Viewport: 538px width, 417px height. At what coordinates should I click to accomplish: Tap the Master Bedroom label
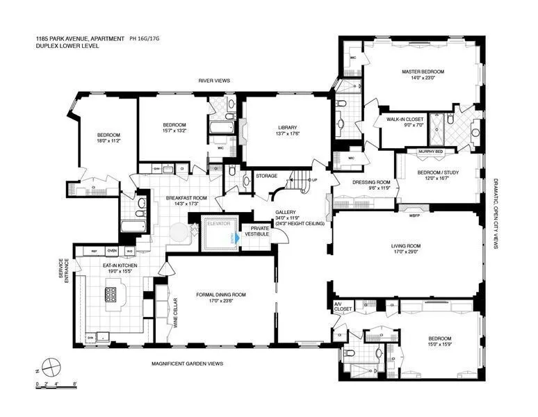(x=422, y=72)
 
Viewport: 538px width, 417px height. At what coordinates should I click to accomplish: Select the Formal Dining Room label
(x=221, y=295)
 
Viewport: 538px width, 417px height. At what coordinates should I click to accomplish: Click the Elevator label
(x=220, y=224)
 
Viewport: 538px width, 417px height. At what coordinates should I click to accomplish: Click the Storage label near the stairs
(x=266, y=176)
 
